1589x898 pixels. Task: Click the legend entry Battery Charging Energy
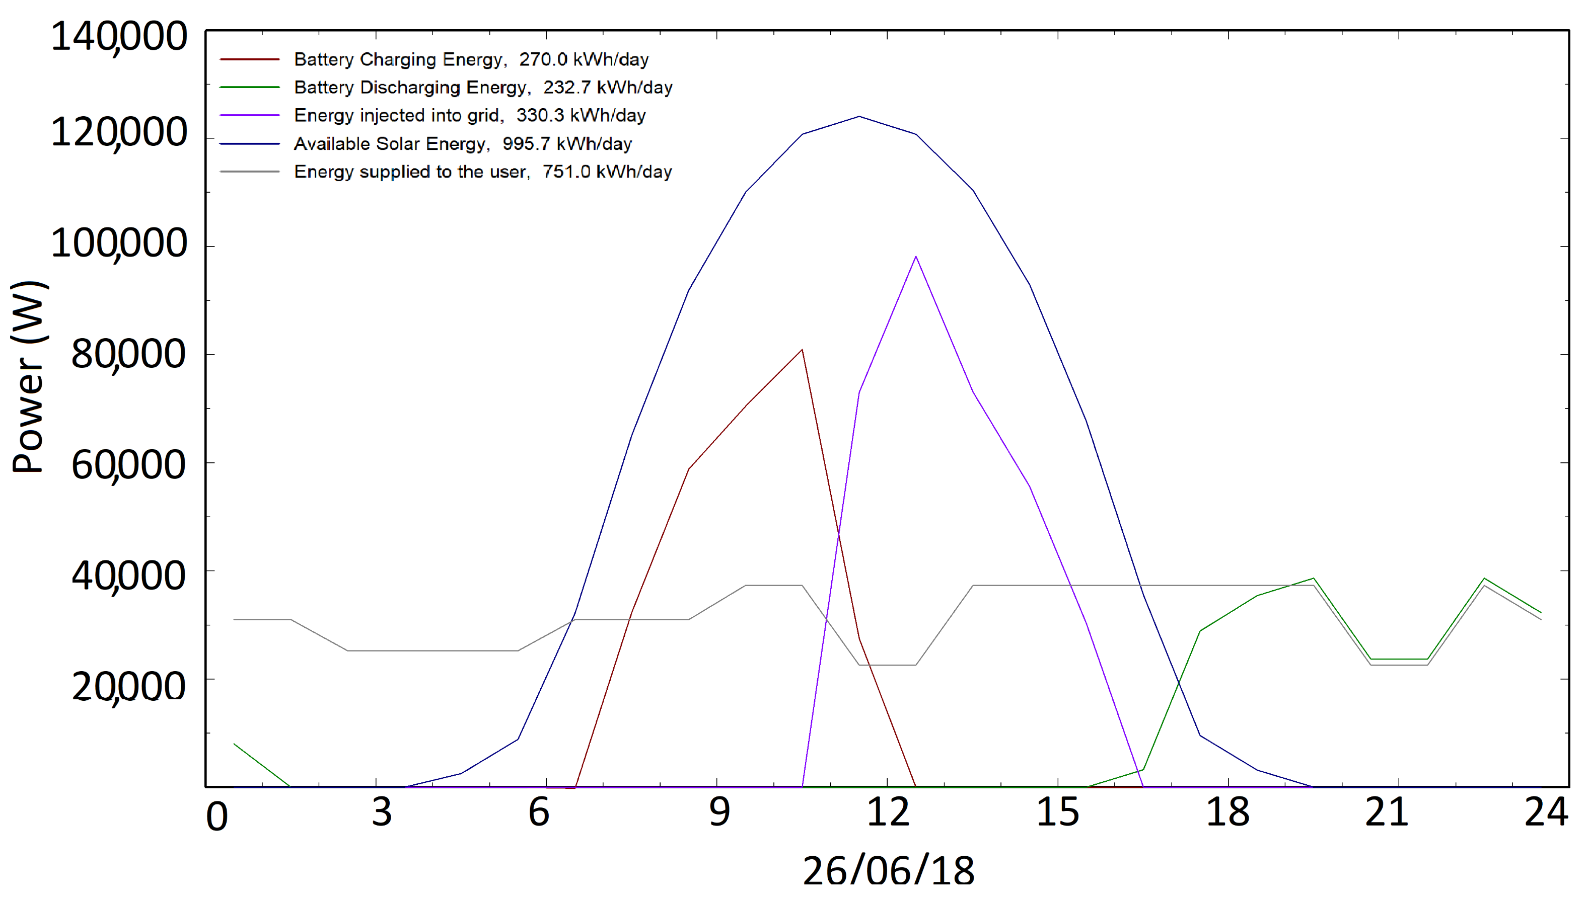coord(399,60)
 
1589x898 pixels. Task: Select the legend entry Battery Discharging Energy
coord(411,88)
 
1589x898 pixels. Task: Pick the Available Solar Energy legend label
coord(391,144)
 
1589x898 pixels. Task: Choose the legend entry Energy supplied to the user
coord(411,172)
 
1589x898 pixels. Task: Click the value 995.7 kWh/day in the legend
coord(566,144)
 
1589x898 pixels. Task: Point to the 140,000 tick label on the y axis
coord(119,37)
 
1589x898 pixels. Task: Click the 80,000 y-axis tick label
coord(128,355)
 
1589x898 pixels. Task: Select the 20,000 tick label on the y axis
coord(128,686)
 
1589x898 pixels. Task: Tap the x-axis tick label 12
coord(888,812)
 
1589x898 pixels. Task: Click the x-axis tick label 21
coord(1387,812)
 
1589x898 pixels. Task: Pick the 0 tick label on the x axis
coord(216,817)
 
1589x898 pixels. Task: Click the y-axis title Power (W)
coord(29,377)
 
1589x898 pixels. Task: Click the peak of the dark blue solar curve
coord(859,117)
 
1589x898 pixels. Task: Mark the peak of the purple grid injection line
coord(916,257)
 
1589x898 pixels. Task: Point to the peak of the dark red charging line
coord(802,350)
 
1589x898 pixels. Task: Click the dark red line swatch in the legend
coord(250,60)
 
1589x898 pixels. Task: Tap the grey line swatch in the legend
coord(250,172)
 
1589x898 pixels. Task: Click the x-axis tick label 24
coord(1546,812)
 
